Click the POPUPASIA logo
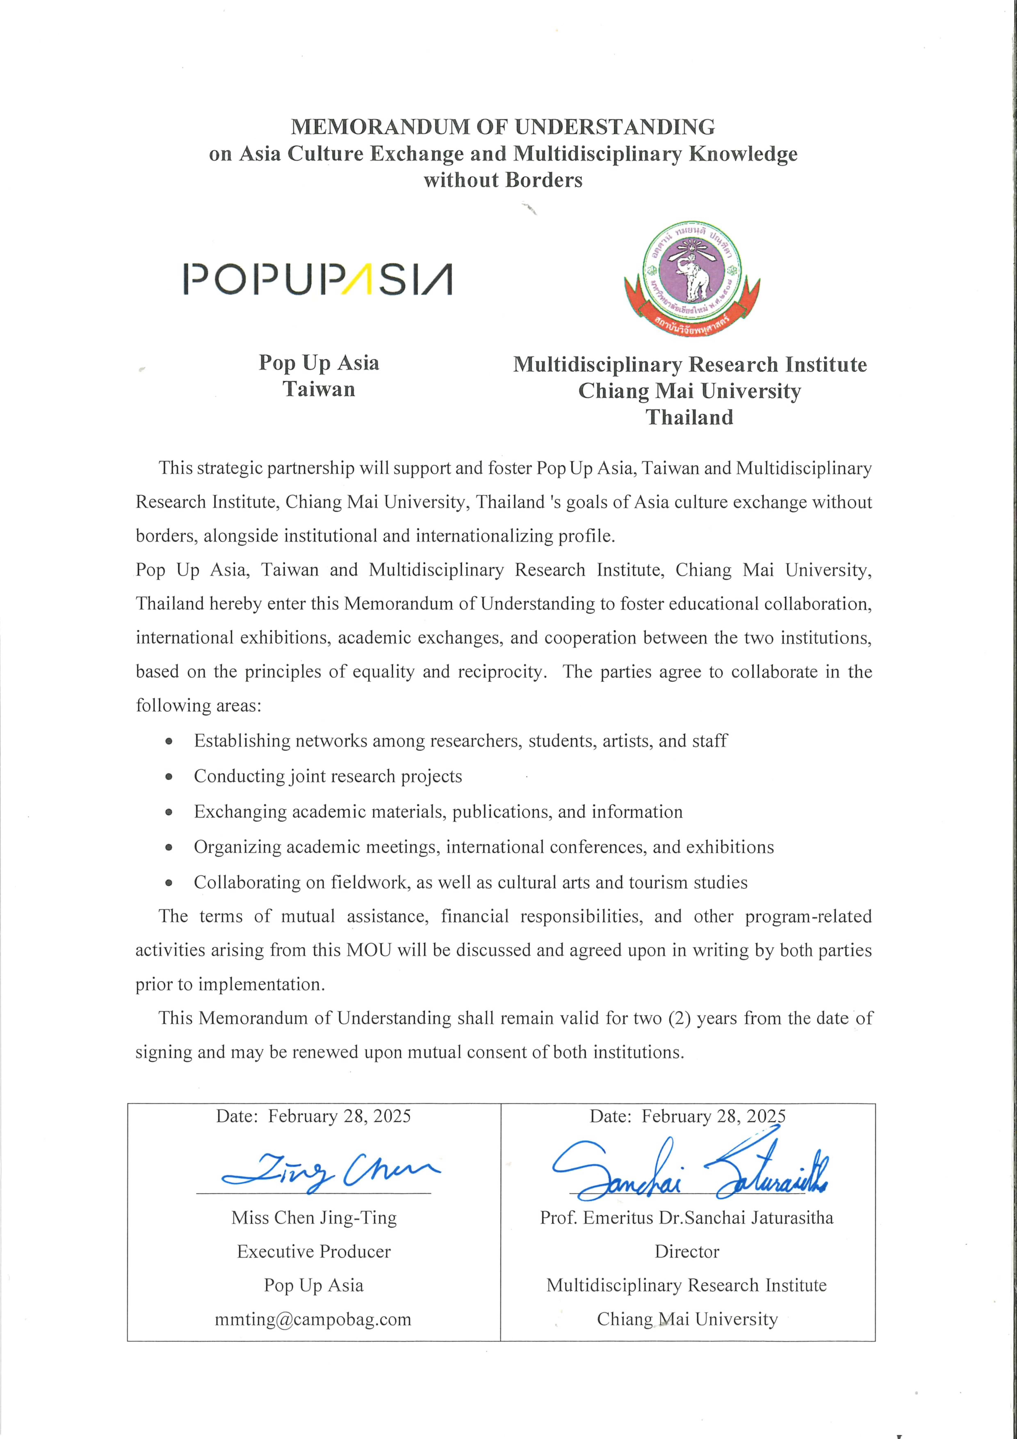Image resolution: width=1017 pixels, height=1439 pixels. (x=318, y=280)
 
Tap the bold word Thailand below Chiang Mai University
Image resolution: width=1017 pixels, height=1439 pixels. (x=689, y=417)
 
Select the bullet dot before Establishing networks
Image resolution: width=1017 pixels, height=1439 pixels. (x=169, y=741)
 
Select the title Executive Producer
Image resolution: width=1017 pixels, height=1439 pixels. (x=313, y=1252)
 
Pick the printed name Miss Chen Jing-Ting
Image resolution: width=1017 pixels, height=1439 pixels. (x=314, y=1218)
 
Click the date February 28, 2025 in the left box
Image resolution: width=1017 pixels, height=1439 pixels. (x=339, y=1116)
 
